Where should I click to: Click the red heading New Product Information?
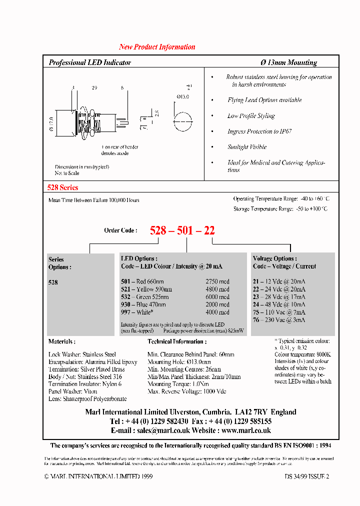[x=157, y=47]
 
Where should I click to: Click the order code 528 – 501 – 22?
[x=182, y=230]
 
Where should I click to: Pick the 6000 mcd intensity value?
[x=217, y=296]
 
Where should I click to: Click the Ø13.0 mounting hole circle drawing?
[x=182, y=121]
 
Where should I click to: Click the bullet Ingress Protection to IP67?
[x=259, y=131]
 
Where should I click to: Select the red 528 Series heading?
[x=62, y=187]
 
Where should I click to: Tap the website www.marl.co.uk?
[x=246, y=430]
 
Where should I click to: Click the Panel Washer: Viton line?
[x=73, y=391]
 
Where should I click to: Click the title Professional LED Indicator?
[x=90, y=62]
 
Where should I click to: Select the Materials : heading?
[x=62, y=341]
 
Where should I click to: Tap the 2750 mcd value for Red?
[x=217, y=281]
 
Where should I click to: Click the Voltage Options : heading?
[x=274, y=258]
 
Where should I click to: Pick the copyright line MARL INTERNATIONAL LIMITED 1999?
[x=91, y=477]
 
